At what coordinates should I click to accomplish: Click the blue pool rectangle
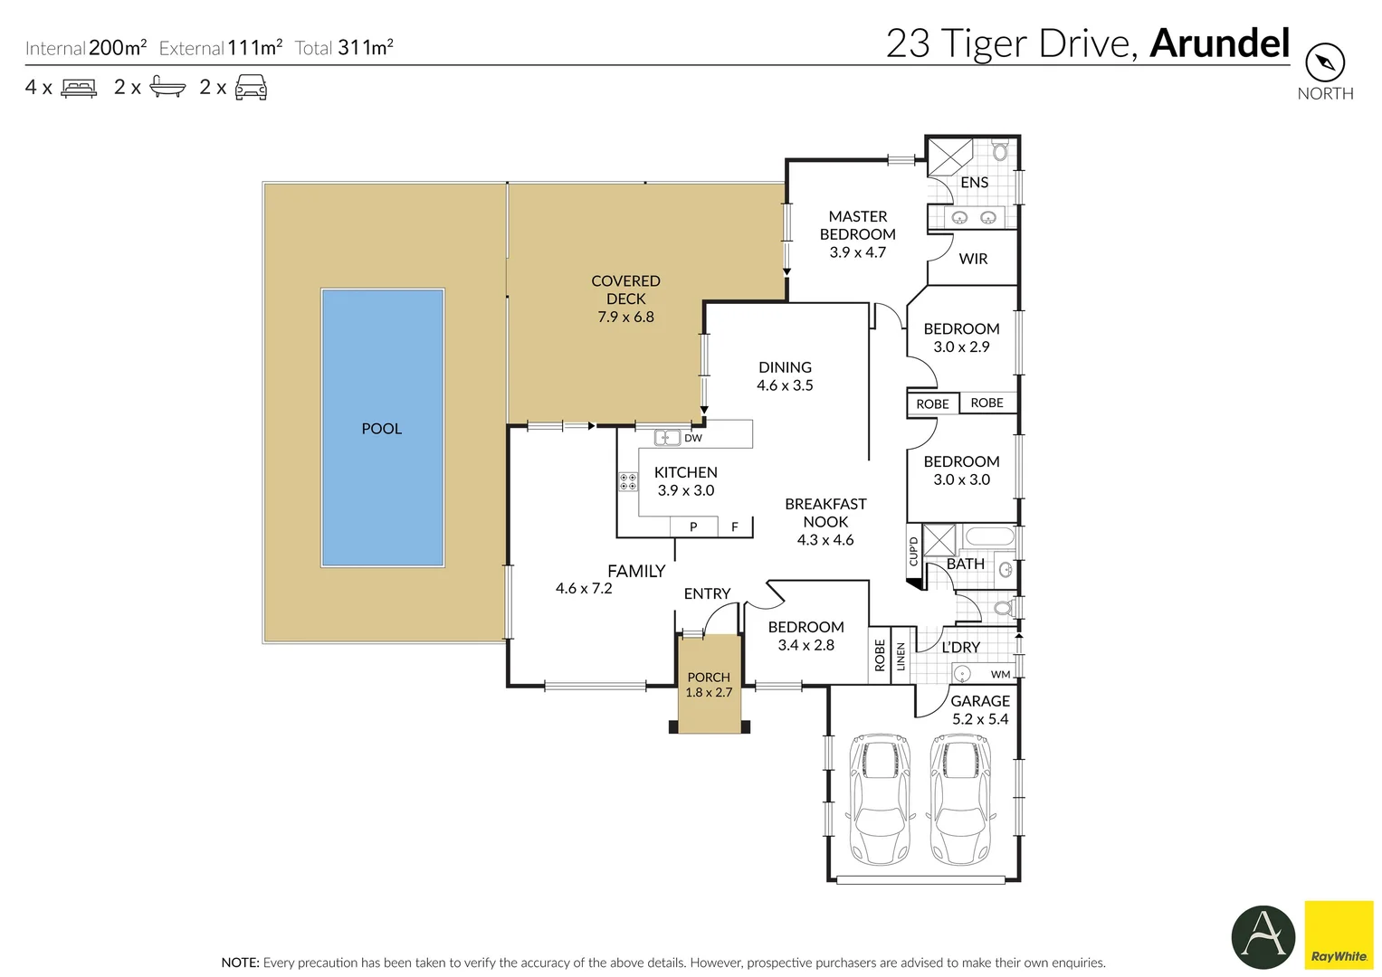tap(382, 428)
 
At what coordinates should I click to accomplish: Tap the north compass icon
tap(1324, 62)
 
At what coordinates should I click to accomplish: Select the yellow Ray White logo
tap(1339, 934)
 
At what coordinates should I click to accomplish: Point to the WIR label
tap(973, 259)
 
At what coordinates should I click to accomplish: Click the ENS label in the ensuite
tap(974, 183)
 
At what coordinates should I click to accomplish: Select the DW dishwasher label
tap(693, 439)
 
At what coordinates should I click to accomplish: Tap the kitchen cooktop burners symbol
tap(627, 481)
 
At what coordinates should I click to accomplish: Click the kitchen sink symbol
tap(667, 438)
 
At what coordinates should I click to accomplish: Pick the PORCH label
tap(709, 677)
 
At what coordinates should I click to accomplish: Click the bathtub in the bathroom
tap(989, 536)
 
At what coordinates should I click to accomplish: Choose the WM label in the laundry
tap(1000, 674)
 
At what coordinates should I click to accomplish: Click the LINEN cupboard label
tap(901, 656)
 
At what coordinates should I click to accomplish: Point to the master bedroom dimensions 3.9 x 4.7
tap(857, 252)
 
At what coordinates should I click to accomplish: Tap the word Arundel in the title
tap(1219, 43)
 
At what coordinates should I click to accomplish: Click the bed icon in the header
tap(79, 88)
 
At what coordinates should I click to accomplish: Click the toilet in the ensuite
tap(1000, 150)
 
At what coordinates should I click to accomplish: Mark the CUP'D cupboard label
tap(913, 551)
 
